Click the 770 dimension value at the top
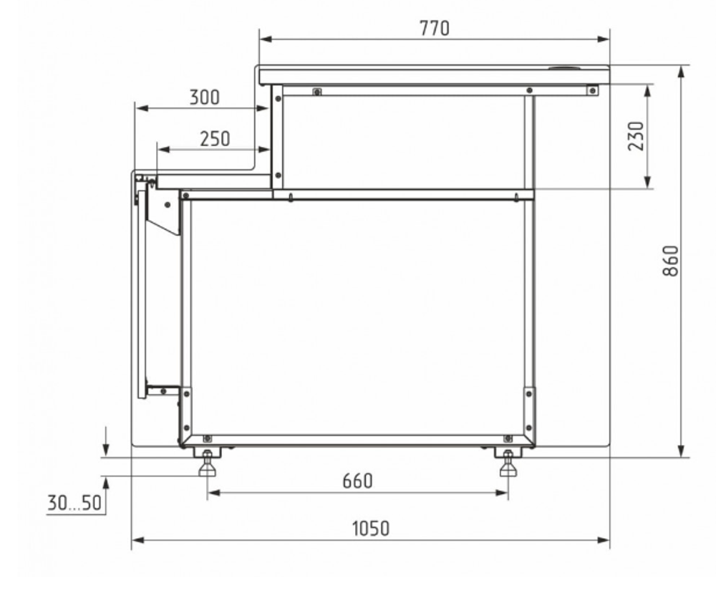pos(435,29)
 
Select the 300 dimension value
pos(204,97)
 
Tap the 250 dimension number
pos(215,139)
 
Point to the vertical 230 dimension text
pos(636,135)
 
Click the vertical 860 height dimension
pos(670,261)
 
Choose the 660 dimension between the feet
pos(357,481)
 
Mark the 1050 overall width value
pos(371,529)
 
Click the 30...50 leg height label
pos(74,503)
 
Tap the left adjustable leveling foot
pos(207,463)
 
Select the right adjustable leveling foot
pos(508,463)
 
